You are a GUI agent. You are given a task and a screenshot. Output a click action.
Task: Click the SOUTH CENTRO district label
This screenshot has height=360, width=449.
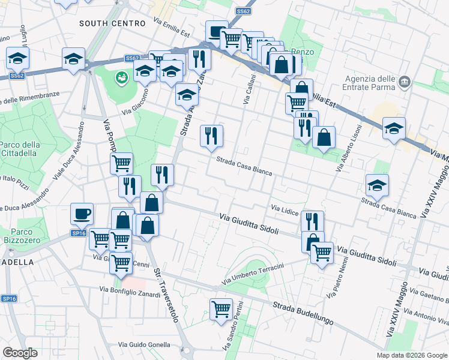click(113, 23)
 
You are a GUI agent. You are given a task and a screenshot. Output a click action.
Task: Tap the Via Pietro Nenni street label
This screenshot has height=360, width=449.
click(337, 278)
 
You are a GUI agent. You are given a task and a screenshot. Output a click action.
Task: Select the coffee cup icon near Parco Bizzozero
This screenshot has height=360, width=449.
click(82, 213)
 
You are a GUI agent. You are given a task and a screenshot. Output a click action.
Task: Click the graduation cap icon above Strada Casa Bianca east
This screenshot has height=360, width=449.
click(377, 185)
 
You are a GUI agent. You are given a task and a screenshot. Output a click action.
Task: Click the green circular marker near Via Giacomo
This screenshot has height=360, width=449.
click(122, 77)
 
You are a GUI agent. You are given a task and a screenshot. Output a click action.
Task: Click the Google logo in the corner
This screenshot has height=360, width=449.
click(20, 352)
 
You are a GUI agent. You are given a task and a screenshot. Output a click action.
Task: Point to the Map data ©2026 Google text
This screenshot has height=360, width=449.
click(411, 355)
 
